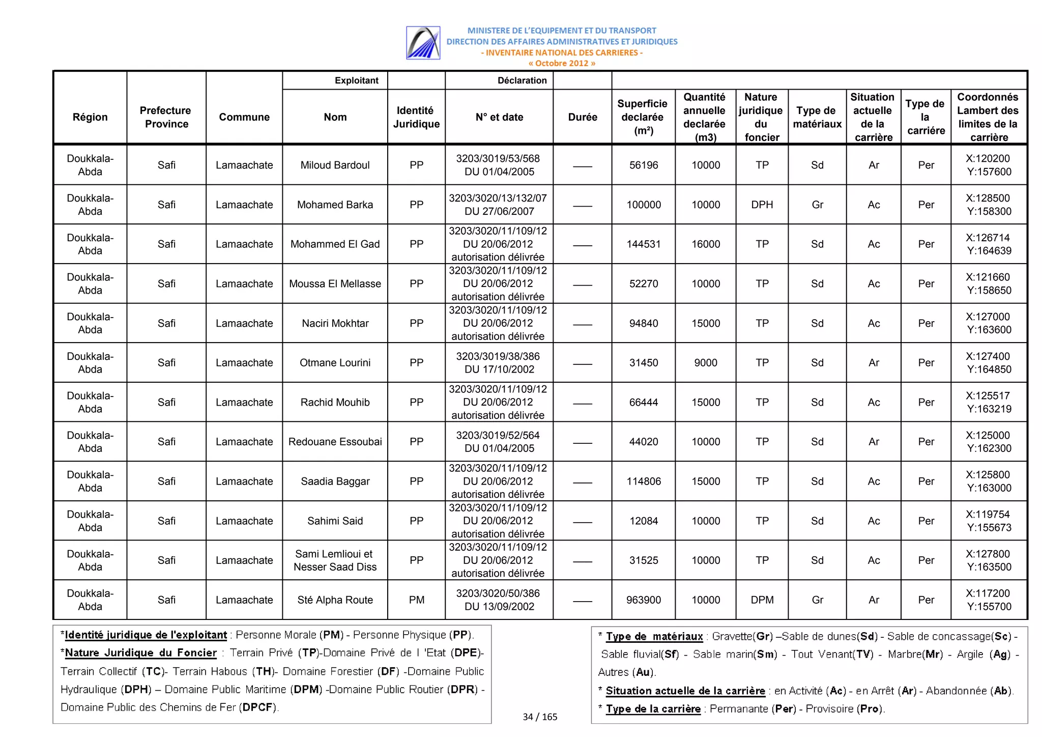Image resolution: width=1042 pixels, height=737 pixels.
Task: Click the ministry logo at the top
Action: point(423,43)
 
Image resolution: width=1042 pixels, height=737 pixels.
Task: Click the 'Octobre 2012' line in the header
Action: point(561,64)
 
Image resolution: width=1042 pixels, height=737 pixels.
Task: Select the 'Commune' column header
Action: point(244,117)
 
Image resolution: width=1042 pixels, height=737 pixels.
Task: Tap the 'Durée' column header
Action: point(582,117)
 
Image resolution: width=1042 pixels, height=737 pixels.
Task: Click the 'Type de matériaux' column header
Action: point(817,117)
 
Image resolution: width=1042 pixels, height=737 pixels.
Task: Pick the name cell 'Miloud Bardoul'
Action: point(335,165)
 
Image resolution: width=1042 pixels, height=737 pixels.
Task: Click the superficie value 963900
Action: point(643,600)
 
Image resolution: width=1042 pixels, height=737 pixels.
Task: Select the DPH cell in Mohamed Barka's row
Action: point(762,205)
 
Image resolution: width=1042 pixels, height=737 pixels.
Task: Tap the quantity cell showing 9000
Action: point(705,363)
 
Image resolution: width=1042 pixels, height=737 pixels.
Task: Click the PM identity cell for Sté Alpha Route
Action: point(416,600)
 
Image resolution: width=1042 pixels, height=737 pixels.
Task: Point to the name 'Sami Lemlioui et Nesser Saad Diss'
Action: point(335,560)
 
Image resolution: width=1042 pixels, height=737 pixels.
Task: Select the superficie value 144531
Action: point(643,244)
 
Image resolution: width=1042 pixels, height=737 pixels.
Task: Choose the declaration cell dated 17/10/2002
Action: point(498,363)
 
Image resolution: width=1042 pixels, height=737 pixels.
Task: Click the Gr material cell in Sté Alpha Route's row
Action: point(817,600)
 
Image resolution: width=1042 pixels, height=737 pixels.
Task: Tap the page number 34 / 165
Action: point(540,717)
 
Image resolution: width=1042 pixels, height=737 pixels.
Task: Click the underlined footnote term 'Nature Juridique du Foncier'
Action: point(141,653)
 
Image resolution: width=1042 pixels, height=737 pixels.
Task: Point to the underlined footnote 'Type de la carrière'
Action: point(653,709)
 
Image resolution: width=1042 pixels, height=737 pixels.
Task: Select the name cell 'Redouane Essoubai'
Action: point(335,442)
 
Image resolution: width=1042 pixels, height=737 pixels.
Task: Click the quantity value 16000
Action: point(705,244)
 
